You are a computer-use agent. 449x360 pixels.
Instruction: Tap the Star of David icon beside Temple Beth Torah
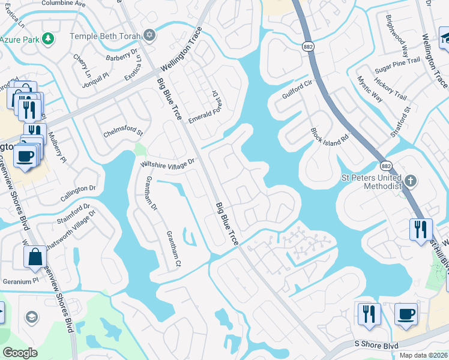coord(149,35)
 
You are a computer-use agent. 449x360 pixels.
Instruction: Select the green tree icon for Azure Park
coord(47,39)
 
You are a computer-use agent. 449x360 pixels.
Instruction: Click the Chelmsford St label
coord(123,131)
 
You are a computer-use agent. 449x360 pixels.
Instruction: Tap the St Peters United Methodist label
coord(370,182)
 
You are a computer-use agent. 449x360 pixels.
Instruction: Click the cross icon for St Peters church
coord(411,181)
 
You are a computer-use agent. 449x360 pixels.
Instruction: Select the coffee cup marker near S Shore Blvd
coord(406,314)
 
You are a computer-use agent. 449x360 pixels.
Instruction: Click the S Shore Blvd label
coord(376,344)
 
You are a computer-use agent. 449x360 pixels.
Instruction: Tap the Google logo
coord(20,353)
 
